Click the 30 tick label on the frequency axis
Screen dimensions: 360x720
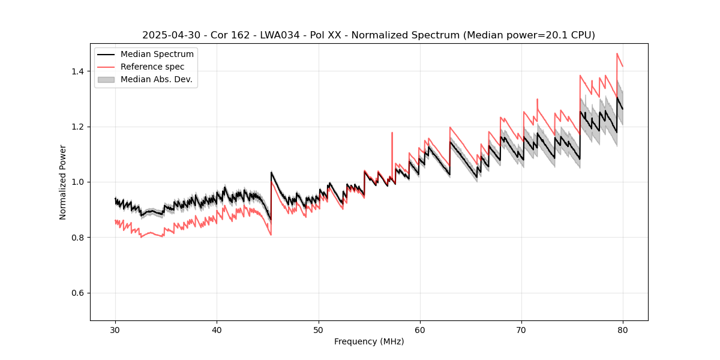[x=115, y=329]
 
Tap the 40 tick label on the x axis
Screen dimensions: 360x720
[x=217, y=329]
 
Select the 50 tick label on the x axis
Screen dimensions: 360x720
[x=318, y=329]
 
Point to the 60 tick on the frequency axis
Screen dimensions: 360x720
[x=420, y=329]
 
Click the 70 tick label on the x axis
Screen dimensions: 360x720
[x=521, y=329]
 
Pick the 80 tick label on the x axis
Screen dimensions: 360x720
[x=623, y=329]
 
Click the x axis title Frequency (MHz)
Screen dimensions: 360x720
[x=369, y=341]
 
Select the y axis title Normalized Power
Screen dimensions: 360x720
[x=63, y=182]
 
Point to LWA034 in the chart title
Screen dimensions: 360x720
[x=278, y=35]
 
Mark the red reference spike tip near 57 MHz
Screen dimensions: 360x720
[x=392, y=133]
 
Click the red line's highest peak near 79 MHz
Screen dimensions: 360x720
[x=617, y=53]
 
